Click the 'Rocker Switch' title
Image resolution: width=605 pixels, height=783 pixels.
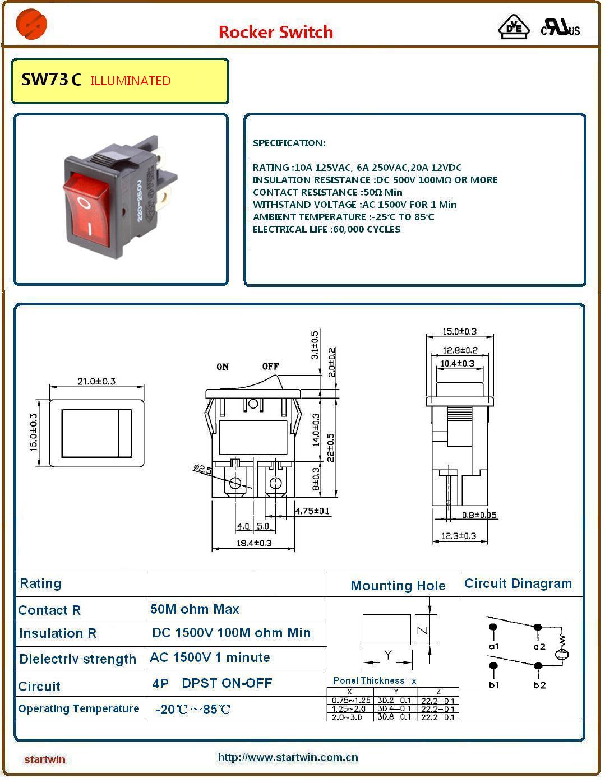(275, 32)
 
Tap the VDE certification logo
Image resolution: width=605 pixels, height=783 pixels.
(514, 26)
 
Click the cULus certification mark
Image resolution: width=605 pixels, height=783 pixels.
(560, 27)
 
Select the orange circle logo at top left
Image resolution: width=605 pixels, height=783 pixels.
(31, 24)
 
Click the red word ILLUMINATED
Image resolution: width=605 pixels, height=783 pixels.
(130, 81)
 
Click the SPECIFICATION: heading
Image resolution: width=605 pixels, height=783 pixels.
(289, 143)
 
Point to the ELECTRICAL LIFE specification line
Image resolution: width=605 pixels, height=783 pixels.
(326, 229)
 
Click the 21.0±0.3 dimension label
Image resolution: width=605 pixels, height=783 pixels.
(96, 381)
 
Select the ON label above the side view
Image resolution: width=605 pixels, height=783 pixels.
(223, 367)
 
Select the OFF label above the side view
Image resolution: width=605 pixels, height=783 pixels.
(270, 366)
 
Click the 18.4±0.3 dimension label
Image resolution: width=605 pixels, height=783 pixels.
(253, 543)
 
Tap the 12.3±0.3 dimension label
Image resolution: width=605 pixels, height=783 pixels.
(459, 536)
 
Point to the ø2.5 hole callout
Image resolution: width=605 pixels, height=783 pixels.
(202, 469)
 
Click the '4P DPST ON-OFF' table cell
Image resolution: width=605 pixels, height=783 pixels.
(212, 683)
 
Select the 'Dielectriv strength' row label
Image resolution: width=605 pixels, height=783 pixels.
(77, 659)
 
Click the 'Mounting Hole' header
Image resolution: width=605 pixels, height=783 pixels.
(398, 586)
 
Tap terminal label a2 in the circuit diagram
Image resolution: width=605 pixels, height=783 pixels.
(539, 646)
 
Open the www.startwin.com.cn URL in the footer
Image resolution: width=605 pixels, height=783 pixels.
(288, 757)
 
